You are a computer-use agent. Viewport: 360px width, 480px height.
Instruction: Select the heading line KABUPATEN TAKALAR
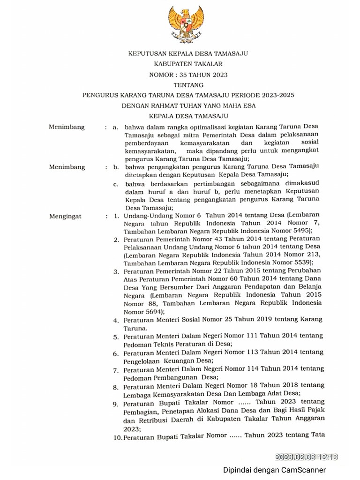pyautogui.click(x=187, y=64)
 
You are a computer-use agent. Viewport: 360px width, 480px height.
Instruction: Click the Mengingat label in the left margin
pyautogui.click(x=65, y=216)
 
